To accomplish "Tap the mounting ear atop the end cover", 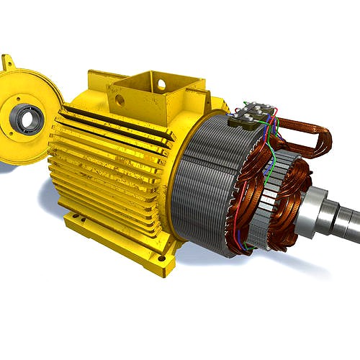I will [9, 63].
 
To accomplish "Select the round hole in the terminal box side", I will [161, 85].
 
